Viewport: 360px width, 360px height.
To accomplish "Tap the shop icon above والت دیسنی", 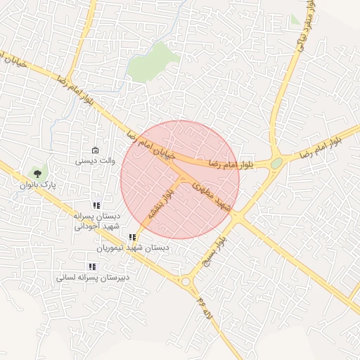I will (96, 150).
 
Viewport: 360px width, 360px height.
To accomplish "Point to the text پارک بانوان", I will (38, 184).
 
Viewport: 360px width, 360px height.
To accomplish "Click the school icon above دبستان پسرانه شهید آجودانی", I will (96, 205).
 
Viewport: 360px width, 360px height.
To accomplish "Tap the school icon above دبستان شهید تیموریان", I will (133, 237).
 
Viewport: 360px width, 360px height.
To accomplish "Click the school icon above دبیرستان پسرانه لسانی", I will (91, 266).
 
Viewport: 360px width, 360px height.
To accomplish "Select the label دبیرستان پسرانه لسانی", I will (91, 278).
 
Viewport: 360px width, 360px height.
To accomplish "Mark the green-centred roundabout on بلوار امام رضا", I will (276, 164).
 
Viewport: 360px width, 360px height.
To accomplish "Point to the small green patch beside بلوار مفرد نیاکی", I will (295, 20).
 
